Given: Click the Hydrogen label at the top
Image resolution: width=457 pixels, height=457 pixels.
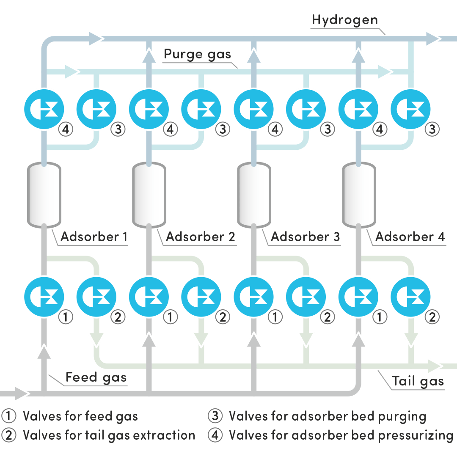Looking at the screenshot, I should coord(345,19).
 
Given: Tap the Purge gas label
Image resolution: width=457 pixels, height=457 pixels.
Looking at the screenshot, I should coord(198,55).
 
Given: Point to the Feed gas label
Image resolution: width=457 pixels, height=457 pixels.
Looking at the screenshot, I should coord(96,377).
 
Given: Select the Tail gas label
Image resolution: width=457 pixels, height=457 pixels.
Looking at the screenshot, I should coord(418,381).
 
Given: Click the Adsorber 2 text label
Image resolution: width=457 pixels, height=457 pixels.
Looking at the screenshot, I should coord(200,237).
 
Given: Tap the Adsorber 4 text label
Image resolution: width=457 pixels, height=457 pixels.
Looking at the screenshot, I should coord(410,237).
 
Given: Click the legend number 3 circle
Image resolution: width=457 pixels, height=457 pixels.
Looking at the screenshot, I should coord(215,416).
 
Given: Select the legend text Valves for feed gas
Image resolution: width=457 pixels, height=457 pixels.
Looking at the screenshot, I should coord(80,416).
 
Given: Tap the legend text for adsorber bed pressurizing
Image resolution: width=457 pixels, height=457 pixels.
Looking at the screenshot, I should coord(341,435).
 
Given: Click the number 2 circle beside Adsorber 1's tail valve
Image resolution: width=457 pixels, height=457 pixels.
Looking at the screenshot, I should coord(118,317).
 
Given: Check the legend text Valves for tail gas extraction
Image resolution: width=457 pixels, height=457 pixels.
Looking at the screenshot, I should coord(109,435).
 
